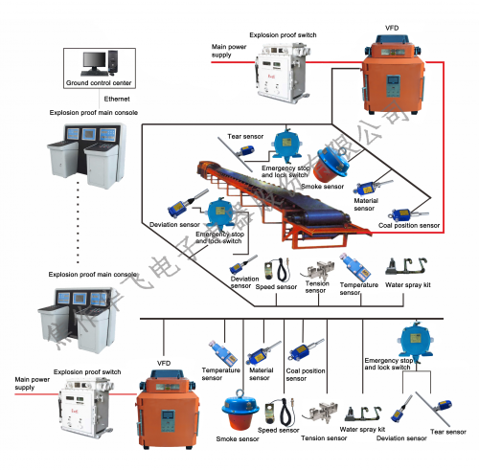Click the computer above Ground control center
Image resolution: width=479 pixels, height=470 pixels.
point(95,63)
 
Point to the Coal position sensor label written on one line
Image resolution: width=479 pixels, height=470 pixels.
point(409,226)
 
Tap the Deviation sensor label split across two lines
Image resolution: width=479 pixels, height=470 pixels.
point(244,281)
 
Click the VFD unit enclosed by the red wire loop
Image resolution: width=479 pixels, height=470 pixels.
point(392,77)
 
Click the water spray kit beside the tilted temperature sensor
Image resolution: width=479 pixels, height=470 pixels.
point(403,264)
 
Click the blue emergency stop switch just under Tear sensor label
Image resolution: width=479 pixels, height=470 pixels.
point(284,145)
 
